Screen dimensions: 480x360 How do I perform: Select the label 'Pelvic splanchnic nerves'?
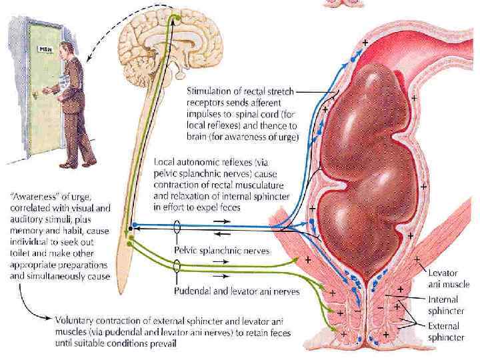(x=222, y=251)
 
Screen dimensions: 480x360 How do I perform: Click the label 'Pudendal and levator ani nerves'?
(x=237, y=291)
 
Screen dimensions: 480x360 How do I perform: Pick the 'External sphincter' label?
(x=447, y=333)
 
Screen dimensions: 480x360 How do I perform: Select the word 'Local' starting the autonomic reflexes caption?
(x=165, y=162)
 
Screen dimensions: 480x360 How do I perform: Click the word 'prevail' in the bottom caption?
(x=163, y=344)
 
